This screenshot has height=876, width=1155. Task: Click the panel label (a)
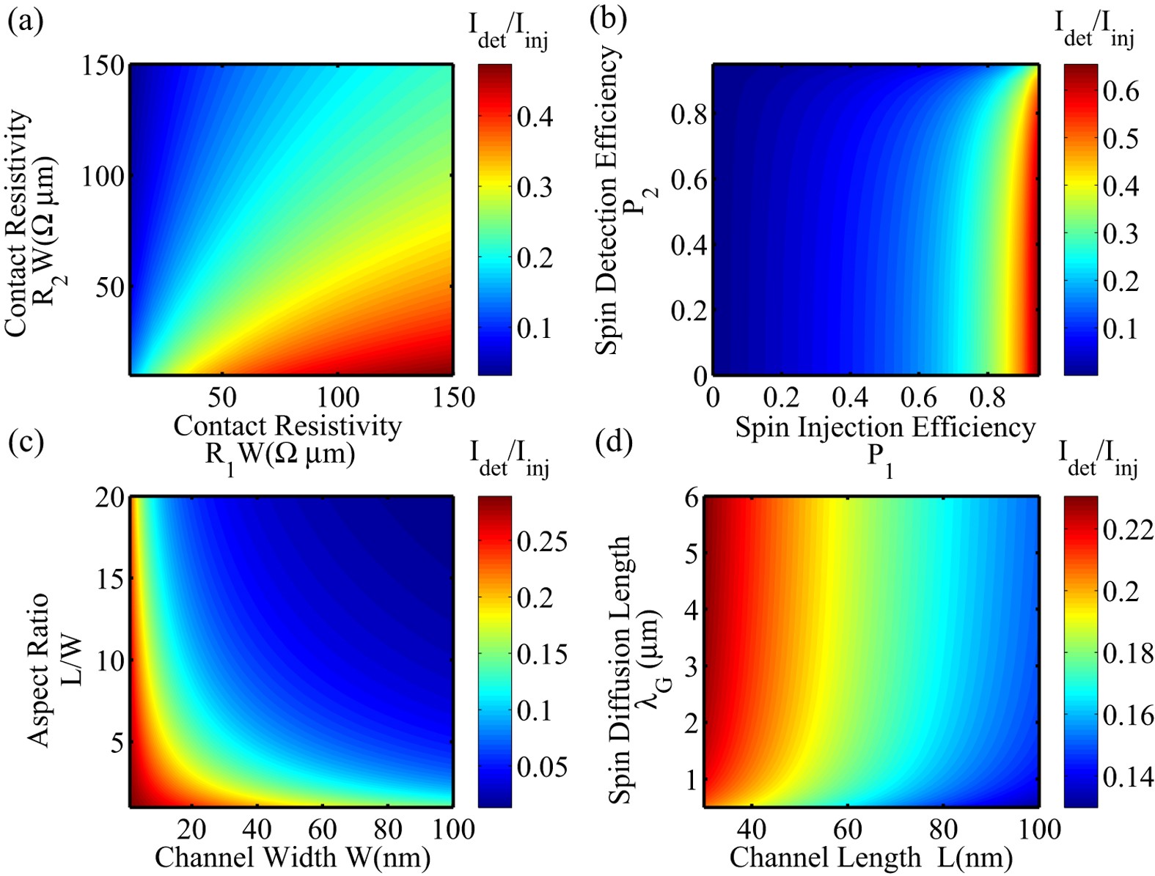pos(25,21)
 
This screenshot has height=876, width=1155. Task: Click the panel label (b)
pos(609,19)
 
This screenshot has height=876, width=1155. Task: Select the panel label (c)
pos(25,442)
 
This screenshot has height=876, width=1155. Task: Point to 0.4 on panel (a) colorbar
pos(535,117)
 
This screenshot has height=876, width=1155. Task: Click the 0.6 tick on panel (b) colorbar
pos(1121,91)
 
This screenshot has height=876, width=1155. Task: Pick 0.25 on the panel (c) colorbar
pos(542,542)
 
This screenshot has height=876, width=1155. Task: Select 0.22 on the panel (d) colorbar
pos(1128,529)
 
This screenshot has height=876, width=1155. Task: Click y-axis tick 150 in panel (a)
pos(102,66)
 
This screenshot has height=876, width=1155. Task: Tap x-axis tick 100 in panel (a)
pos(338,397)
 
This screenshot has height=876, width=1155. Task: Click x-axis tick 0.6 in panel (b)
pos(918,397)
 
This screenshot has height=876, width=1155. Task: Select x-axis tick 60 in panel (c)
pos(322,829)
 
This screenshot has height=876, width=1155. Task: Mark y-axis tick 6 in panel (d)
pos(691,498)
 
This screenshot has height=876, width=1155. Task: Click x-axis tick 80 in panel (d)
pos(943,829)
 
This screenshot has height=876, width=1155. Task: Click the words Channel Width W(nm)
pos(292,856)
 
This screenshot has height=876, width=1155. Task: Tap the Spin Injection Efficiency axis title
pos(885,427)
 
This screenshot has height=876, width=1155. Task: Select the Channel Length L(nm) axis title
pos(870,856)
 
